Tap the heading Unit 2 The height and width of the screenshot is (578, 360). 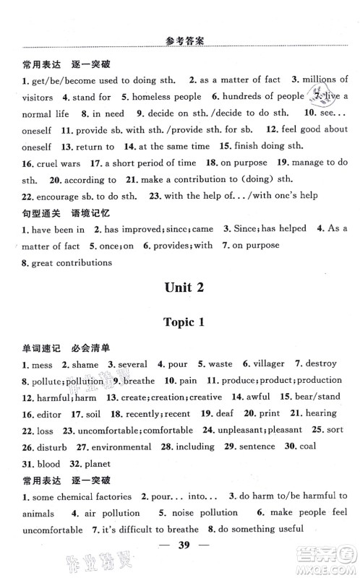pos(180,287)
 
